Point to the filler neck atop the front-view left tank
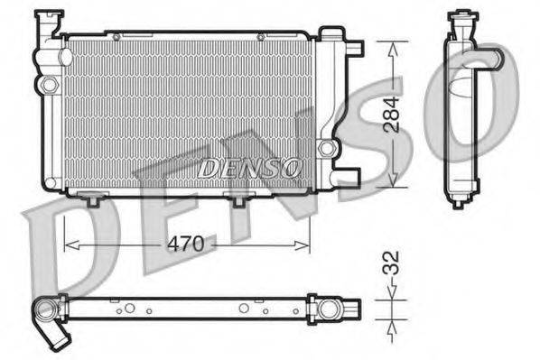[45, 25]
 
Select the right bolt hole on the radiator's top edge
[260, 37]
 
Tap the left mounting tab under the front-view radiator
[90, 199]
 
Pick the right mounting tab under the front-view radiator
[238, 199]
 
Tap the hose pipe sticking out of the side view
[489, 61]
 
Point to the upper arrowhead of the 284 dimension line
[392, 48]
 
